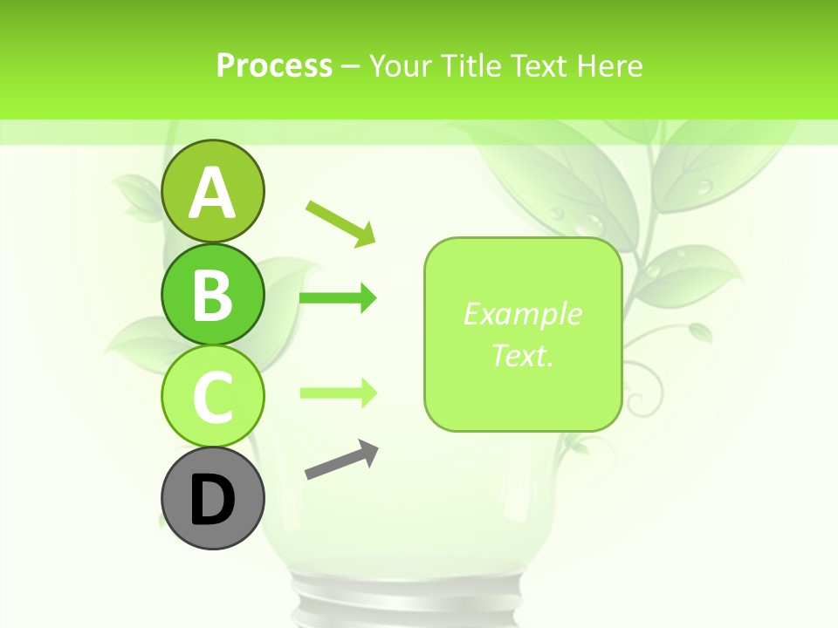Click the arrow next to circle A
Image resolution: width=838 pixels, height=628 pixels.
point(341,222)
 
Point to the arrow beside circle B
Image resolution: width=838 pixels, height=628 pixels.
point(338,298)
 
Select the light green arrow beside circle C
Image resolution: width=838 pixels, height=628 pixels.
point(338,392)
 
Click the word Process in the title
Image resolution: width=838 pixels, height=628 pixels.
point(274,65)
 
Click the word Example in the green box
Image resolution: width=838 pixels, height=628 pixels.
point(522,314)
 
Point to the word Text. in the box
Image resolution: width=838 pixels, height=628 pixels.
point(522,356)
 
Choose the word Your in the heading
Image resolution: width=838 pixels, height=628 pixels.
point(402,65)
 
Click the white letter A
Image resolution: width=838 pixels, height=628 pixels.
point(212,194)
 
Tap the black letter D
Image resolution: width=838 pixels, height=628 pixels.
point(212,501)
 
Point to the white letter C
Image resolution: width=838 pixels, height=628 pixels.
point(212,398)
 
